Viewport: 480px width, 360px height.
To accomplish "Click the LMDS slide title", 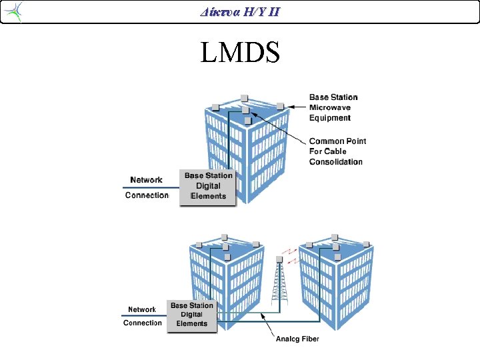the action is [x=240, y=52].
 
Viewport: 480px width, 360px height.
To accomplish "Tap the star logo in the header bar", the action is [x=13, y=11].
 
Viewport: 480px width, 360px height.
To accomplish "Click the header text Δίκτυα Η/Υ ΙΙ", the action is [x=240, y=12].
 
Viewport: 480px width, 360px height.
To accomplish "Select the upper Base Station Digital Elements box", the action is [x=208, y=187].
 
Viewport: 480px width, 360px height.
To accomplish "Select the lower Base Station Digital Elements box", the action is [x=192, y=316].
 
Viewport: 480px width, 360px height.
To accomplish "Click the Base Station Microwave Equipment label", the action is [x=333, y=107].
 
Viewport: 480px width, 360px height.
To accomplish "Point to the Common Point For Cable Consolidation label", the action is [x=337, y=151].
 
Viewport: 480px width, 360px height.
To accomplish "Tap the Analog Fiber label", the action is [x=297, y=339].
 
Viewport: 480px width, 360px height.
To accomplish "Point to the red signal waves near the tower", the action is [x=290, y=257].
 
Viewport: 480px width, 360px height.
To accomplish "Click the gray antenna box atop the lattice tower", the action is [x=279, y=259].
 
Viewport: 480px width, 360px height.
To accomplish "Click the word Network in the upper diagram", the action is [x=146, y=180].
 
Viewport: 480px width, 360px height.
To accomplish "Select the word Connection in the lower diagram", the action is [x=143, y=323].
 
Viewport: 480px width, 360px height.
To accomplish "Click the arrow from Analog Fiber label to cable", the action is [x=267, y=325].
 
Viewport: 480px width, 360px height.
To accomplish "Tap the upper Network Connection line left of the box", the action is [x=151, y=187].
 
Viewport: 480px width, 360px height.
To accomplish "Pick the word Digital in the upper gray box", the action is [x=208, y=186].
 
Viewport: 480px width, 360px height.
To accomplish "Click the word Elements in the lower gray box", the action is [x=192, y=323].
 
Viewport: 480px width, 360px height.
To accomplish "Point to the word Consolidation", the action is [x=336, y=161].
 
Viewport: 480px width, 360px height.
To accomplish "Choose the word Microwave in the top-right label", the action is [x=330, y=107].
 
